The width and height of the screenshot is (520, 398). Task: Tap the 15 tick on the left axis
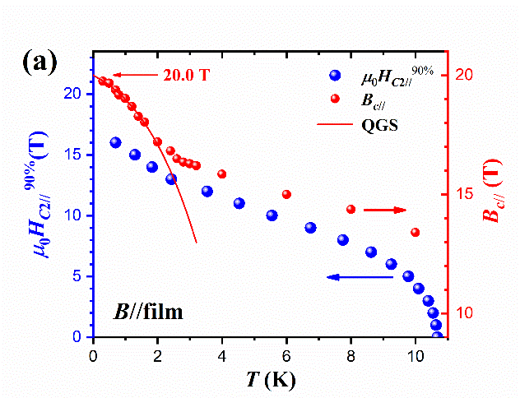[x=79, y=155]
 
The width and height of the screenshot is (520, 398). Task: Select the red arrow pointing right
[x=385, y=210]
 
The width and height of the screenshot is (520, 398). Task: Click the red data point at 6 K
[x=286, y=194]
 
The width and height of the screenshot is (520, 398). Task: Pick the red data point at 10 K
[x=415, y=232]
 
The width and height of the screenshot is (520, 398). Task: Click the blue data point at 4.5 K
[x=239, y=203]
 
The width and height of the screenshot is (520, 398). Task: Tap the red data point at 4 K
[x=222, y=174]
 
